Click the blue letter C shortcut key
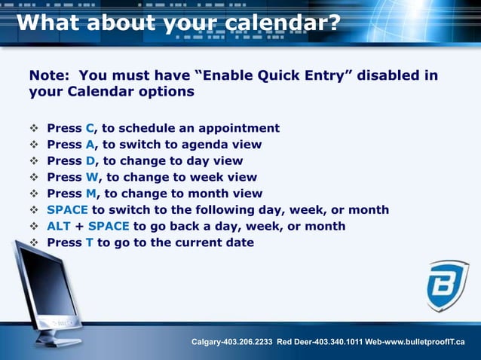tap(90, 128)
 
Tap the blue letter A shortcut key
tap(90, 145)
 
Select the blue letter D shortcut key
tap(90, 160)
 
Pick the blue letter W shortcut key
tap(92, 177)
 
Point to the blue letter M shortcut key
tap(91, 194)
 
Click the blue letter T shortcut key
tap(89, 243)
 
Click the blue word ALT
tap(59, 226)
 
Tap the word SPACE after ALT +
tap(109, 226)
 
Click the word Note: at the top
tap(50, 76)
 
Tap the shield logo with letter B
tap(447, 285)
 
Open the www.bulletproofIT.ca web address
tap(425, 344)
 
